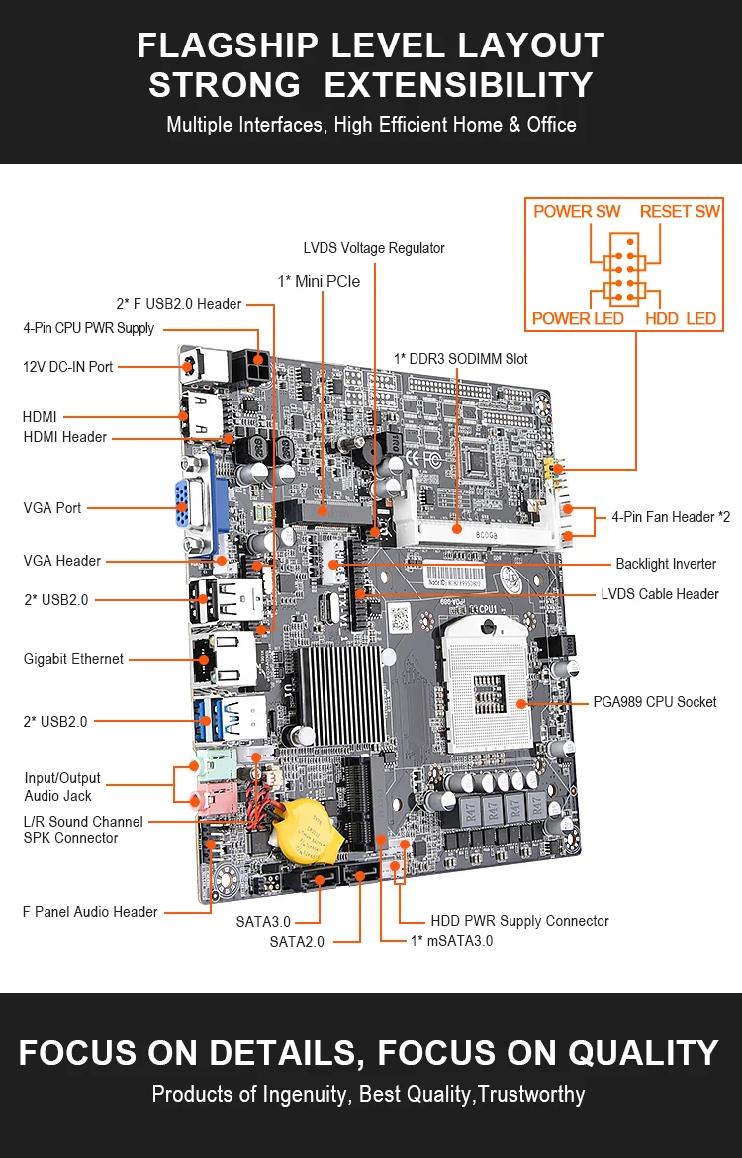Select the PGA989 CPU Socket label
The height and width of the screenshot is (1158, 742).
point(655,702)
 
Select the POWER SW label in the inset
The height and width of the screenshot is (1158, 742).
point(577,212)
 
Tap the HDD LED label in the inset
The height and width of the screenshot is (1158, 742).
point(681,318)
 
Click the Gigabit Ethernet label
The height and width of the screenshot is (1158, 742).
point(74,659)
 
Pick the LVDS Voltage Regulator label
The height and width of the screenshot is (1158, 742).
point(374,248)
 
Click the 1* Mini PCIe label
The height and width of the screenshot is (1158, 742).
point(319,282)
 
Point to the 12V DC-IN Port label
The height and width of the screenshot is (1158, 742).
point(68,367)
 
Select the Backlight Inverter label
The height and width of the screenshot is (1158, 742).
point(666,564)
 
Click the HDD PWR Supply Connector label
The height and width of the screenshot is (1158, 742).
point(519,921)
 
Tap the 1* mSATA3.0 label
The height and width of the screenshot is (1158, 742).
point(451,941)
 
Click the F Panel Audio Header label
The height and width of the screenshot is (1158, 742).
point(90,912)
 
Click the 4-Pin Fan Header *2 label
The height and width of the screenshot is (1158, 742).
point(671,517)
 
